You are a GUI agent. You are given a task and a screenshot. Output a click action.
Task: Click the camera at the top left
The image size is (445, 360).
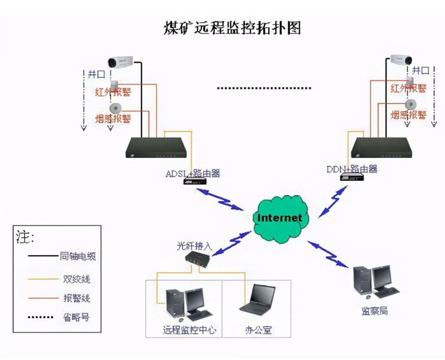point(121,61)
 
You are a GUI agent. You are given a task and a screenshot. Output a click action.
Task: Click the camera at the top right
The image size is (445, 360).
point(400,60)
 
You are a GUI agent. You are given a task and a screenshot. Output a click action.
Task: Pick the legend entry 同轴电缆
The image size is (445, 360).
point(78,256)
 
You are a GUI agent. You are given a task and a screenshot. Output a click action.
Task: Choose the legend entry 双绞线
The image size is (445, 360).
point(77,278)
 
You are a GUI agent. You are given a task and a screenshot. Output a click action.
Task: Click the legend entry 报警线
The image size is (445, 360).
point(77,298)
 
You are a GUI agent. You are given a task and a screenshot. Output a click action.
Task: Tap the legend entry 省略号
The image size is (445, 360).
point(77,317)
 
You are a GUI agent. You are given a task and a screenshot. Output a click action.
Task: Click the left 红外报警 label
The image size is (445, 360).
point(112,91)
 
